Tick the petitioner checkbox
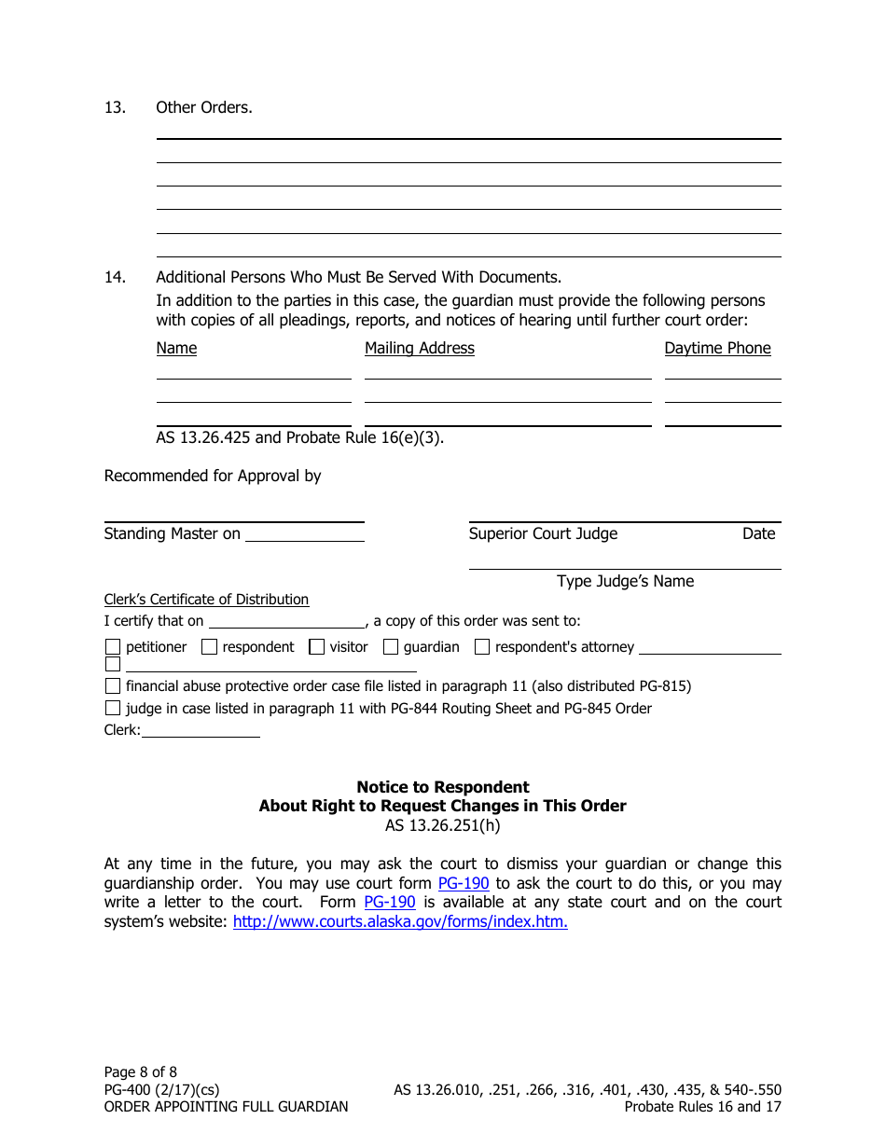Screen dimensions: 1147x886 click(113, 647)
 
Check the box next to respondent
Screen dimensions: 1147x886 click(210, 647)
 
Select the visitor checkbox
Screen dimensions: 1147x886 click(317, 647)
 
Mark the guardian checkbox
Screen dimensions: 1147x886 click(391, 647)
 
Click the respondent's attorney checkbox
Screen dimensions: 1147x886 click(482, 647)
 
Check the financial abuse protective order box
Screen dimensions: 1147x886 click(113, 686)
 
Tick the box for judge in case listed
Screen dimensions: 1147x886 click(113, 709)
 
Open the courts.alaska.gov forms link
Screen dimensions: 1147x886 click(399, 922)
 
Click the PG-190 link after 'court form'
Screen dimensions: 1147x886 click(464, 883)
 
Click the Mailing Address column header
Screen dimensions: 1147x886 click(419, 348)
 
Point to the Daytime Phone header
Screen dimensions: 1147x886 click(717, 348)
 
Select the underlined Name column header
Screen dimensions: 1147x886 click(176, 348)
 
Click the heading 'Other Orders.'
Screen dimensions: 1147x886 click(203, 107)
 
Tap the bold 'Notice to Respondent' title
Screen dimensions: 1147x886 click(442, 787)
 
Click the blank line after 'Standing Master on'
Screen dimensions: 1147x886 click(304, 534)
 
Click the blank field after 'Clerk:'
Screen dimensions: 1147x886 click(200, 731)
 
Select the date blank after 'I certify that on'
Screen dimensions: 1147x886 click(286, 621)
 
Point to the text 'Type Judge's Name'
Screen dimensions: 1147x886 click(625, 581)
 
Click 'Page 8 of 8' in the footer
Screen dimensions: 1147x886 click(140, 1071)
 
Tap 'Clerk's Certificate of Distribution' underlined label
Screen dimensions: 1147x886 click(206, 600)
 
